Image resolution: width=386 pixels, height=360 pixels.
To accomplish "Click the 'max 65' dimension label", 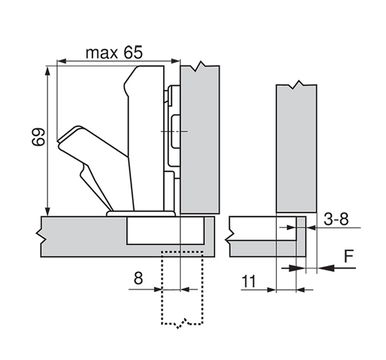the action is [x=114, y=52].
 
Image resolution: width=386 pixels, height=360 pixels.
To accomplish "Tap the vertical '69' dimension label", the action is [x=39, y=137].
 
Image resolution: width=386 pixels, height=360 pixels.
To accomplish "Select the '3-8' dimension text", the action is [x=336, y=219].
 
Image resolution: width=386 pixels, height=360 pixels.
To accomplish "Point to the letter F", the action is [x=348, y=257].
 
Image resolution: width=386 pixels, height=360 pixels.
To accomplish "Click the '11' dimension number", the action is [x=249, y=281].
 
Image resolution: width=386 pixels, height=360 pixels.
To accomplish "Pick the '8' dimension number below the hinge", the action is [x=138, y=278].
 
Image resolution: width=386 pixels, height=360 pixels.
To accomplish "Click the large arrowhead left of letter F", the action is [x=325, y=267].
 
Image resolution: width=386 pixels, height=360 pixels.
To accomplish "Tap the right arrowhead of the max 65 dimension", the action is [x=176, y=61].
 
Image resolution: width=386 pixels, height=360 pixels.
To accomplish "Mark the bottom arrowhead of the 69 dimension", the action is [x=48, y=212].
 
